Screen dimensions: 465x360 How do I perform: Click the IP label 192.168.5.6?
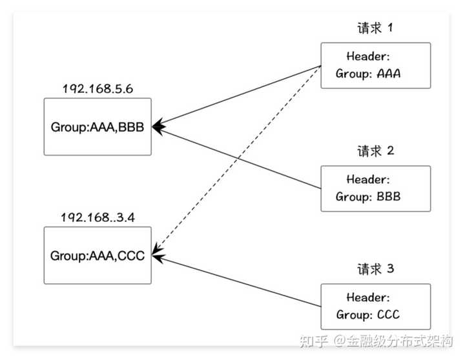point(98,88)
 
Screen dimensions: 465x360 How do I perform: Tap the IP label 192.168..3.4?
point(98,217)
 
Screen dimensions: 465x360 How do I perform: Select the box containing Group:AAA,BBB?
point(98,127)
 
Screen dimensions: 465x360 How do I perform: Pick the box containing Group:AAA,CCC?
point(98,255)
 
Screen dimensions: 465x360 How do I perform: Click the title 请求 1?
point(375,28)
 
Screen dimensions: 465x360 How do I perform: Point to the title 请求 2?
point(375,151)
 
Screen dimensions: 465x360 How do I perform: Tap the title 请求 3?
point(375,269)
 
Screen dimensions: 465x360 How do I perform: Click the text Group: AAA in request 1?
point(368,74)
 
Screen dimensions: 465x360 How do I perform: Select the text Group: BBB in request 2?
point(368,196)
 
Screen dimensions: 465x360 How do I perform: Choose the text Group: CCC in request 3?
point(368,314)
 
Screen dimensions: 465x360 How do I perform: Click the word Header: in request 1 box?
point(368,56)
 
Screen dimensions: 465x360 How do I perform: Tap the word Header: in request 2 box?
point(368,179)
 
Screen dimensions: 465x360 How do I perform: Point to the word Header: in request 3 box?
point(368,297)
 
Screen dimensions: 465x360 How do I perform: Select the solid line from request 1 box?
point(236,96)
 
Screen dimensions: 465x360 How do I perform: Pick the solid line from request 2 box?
point(236,157)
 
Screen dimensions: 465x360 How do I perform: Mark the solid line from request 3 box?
point(236,281)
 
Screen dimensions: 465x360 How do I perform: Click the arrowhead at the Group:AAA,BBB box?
point(159,127)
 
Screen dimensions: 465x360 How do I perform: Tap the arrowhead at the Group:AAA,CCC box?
point(158,255)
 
